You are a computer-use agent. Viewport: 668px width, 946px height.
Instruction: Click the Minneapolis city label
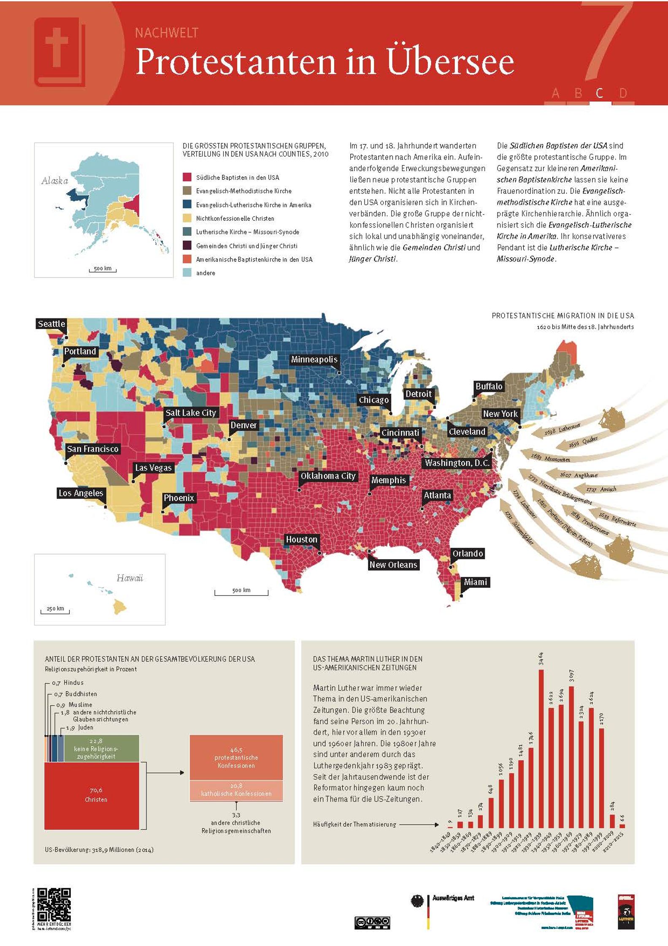click(x=314, y=359)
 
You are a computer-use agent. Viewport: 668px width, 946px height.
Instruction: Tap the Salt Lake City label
click(x=191, y=413)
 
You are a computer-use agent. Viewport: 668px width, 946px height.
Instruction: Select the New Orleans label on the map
click(x=393, y=565)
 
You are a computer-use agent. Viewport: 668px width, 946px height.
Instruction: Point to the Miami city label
click(x=476, y=582)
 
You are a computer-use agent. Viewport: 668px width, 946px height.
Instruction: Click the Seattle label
click(x=51, y=324)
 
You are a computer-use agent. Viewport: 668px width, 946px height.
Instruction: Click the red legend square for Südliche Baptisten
click(x=187, y=177)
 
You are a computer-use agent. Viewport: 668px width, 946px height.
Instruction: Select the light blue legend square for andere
click(x=187, y=273)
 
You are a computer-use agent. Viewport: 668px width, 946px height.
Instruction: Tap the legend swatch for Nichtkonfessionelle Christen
click(x=187, y=218)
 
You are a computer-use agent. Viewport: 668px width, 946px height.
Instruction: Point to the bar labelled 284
click(x=612, y=821)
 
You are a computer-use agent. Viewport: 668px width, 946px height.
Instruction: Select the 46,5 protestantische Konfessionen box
click(x=236, y=758)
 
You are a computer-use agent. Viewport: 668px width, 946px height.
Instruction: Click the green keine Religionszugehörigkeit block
click(x=96, y=748)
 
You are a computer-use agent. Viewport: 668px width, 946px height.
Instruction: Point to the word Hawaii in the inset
click(x=130, y=578)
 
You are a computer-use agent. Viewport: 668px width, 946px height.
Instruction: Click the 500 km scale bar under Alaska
click(x=103, y=269)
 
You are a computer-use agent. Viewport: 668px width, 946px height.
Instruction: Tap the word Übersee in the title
click(x=451, y=62)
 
